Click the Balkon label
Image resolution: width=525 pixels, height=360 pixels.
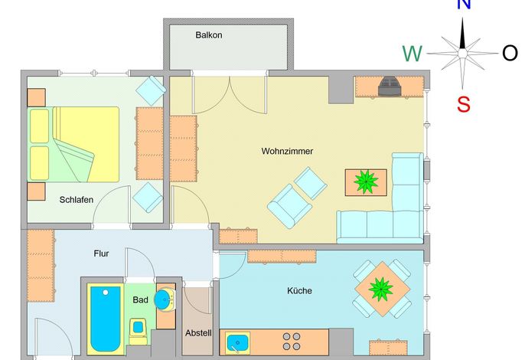point(209,35)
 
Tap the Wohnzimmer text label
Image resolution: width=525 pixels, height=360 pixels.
point(287,151)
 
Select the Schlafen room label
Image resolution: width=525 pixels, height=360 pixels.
point(77,200)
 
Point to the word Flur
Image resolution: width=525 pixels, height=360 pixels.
point(101,254)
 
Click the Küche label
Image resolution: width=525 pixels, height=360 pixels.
point(299,290)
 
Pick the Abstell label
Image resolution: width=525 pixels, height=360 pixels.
point(198,333)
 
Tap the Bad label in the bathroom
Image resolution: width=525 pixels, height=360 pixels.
point(140,299)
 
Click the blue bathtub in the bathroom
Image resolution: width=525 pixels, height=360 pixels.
point(106,319)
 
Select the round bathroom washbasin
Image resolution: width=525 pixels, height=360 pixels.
point(164,299)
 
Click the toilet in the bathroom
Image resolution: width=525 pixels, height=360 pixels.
point(138,331)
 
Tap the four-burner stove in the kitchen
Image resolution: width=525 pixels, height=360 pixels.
point(292,342)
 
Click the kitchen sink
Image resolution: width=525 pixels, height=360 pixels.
point(237,343)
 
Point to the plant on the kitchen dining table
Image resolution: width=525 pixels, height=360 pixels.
point(381,289)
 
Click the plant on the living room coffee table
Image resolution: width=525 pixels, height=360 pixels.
point(366,182)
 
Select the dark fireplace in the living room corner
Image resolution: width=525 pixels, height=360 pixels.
point(390,87)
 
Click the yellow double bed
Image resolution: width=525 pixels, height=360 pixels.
point(73,145)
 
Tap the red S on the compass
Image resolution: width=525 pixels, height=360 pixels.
point(464,104)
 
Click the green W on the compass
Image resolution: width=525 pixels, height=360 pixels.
point(412,54)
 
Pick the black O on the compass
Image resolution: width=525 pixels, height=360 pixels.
point(510,53)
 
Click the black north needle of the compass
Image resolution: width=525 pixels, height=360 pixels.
point(462,34)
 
